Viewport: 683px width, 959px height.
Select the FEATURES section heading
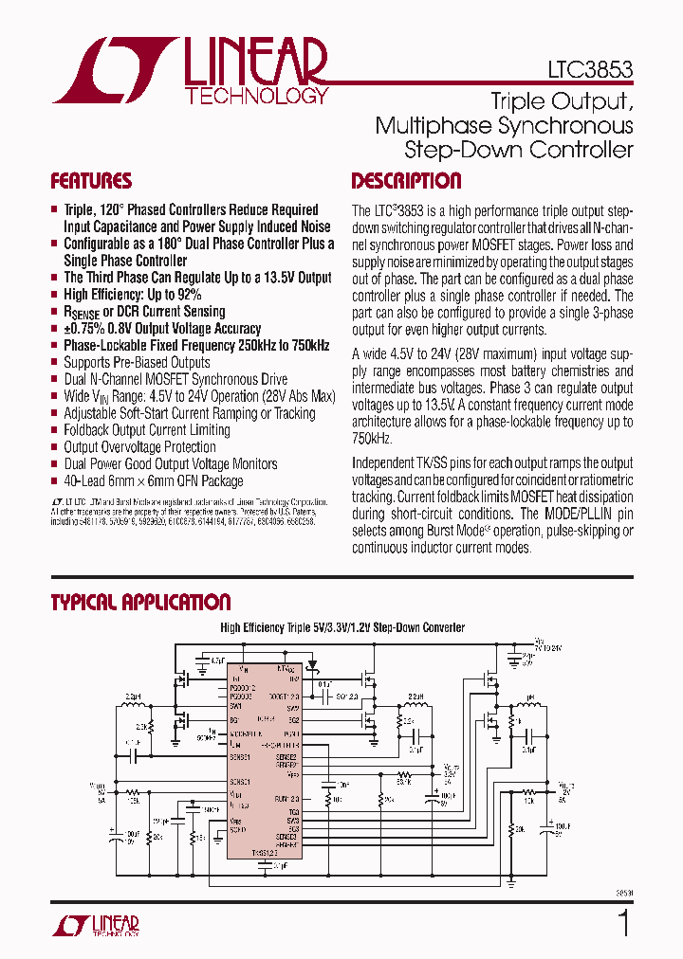(91, 181)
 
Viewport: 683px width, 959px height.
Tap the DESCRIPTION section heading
(406, 181)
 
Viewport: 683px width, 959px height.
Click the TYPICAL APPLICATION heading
(140, 603)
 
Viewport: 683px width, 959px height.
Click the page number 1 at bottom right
(623, 924)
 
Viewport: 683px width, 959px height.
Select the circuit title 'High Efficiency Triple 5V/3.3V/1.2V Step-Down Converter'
(342, 627)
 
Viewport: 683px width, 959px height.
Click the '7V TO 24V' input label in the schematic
(549, 647)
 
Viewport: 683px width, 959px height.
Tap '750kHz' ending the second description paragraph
(372, 440)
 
